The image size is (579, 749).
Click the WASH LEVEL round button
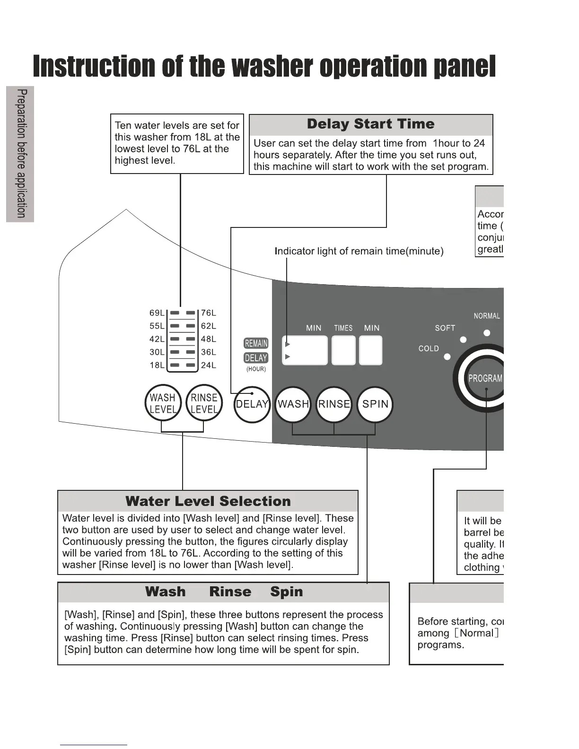tap(163, 403)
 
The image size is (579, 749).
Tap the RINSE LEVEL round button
tap(204, 403)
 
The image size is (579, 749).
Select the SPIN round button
tap(375, 404)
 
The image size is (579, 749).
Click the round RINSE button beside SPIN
tap(334, 404)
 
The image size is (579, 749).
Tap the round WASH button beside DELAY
tap(293, 404)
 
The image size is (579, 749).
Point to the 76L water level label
tap(208, 313)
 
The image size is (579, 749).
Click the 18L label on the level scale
tap(157, 365)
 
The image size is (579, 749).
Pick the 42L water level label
tap(157, 339)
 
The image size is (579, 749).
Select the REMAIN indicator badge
tap(256, 343)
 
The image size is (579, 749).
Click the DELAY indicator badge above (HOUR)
tap(256, 358)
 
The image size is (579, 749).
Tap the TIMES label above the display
tap(343, 328)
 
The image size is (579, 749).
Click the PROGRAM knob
tap(485, 378)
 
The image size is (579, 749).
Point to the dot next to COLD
tap(447, 357)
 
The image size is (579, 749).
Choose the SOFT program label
tap(445, 328)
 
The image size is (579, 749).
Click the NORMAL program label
tap(487, 316)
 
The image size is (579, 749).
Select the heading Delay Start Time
tap(370, 124)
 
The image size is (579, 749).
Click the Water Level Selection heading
tap(208, 501)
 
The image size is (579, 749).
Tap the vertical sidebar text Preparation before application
tap(21, 154)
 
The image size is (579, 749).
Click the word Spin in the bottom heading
tap(286, 592)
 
